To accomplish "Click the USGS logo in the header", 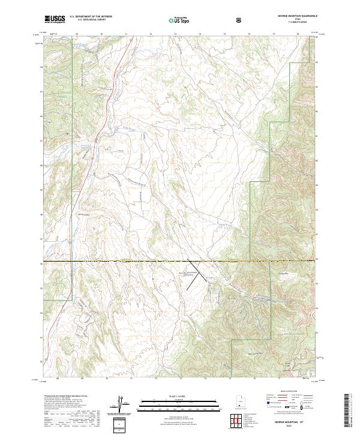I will click(54, 19).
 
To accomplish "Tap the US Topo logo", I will click(178, 20).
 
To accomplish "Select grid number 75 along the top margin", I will click(224, 35).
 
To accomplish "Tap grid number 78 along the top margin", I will click(298, 35).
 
